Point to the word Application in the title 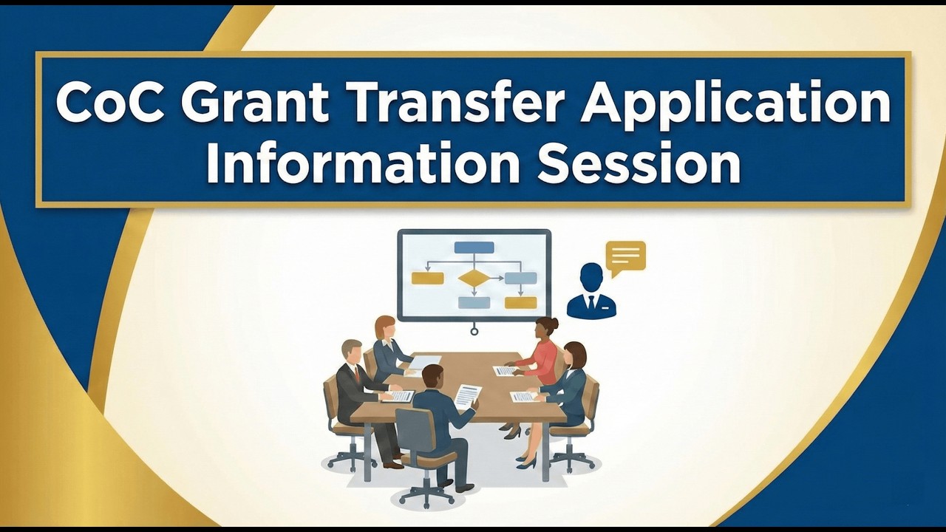(x=735, y=103)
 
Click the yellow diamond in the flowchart (x=474, y=278)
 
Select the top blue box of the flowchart (x=474, y=248)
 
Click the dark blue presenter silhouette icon (x=591, y=291)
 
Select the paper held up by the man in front (x=467, y=395)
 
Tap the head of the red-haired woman (x=384, y=327)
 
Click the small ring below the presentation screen (x=474, y=331)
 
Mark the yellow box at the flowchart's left (x=427, y=278)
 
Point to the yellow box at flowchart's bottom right (x=520, y=302)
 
